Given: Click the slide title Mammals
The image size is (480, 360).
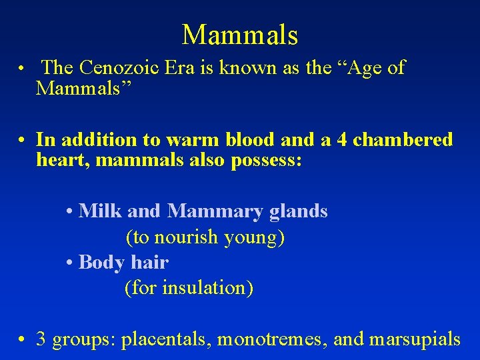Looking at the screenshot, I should click(239, 35).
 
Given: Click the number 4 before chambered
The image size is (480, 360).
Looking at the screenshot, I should click(340, 140).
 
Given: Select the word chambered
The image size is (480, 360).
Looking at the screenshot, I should click(403, 140).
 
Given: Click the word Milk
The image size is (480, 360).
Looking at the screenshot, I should click(100, 211).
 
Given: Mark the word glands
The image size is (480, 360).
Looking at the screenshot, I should click(298, 211).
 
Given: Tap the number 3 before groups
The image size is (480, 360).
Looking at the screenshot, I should click(41, 339).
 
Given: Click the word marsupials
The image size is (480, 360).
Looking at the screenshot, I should click(414, 339).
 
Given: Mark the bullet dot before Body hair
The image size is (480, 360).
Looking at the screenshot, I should click(70, 262).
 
